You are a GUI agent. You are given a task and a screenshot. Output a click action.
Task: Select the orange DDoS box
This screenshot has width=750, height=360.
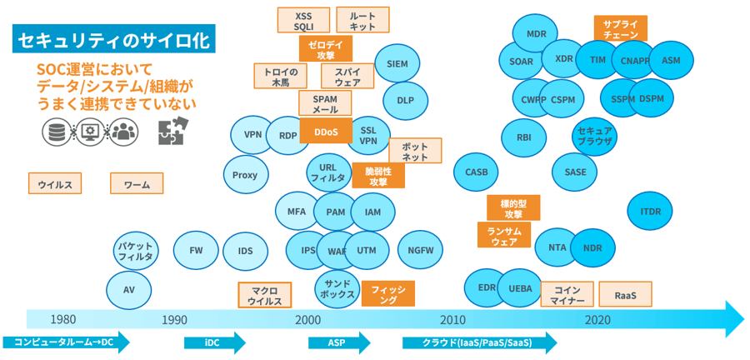coord(325,131)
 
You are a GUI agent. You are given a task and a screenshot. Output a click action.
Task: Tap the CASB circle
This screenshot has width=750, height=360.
coord(476,172)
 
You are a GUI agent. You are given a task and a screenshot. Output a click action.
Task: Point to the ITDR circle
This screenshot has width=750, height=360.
coord(650,212)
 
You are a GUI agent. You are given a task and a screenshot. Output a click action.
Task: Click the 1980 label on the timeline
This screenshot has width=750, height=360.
coord(64,320)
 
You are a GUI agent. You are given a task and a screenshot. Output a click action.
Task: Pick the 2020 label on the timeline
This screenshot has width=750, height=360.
coord(597,320)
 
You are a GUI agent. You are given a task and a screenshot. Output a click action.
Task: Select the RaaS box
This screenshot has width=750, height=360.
coord(625,295)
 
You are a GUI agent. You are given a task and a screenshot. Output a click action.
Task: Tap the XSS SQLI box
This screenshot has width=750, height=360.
coord(303,20)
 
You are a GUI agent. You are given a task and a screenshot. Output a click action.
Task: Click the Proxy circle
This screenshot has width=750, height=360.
coord(245,175)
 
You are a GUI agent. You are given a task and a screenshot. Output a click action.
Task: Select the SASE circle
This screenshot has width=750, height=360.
coord(575,172)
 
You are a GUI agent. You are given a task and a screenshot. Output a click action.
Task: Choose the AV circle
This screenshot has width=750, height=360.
coord(128,290)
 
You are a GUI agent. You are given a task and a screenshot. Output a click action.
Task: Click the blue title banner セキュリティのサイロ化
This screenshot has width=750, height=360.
coord(113,38)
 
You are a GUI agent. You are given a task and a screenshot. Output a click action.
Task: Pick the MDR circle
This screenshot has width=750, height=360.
coord(536,34)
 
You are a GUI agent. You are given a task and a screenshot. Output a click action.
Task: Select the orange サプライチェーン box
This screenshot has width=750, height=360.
coord(620,28)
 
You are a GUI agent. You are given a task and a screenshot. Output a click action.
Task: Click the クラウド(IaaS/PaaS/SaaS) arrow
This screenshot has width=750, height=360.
coord(478,342)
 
